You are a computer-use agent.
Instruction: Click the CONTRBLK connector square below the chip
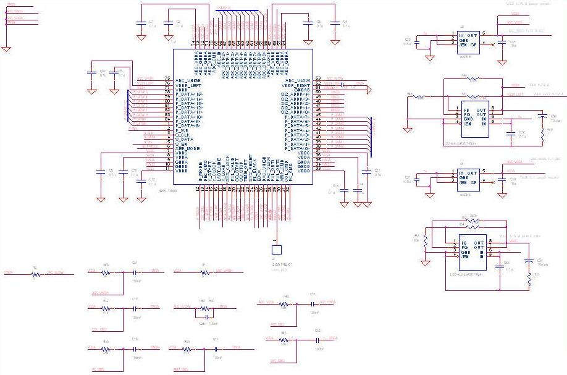point(277,250)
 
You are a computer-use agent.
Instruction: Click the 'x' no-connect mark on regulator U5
point(492,44)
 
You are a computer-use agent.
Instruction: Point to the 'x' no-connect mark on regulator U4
point(492,182)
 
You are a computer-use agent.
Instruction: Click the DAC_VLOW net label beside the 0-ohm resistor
point(55,272)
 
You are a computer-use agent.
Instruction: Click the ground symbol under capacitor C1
point(141,38)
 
